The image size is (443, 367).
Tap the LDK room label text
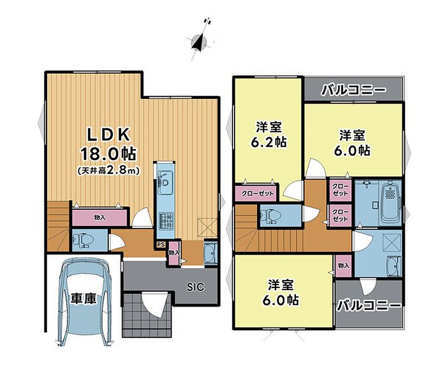(x=109, y=135)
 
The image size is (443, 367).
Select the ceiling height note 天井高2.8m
(x=109, y=171)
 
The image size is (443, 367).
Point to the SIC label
(x=196, y=287)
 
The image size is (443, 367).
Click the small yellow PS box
(x=161, y=245)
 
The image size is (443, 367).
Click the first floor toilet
(x=83, y=240)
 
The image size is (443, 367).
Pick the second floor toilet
(x=270, y=216)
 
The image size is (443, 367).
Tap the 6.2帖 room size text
(x=269, y=142)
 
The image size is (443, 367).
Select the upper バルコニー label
(x=353, y=90)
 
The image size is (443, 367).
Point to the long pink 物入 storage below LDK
(x=100, y=217)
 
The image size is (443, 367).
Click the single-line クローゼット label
(x=257, y=193)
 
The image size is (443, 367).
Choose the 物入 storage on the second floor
(x=343, y=266)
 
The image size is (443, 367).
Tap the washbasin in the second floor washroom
(x=393, y=266)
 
